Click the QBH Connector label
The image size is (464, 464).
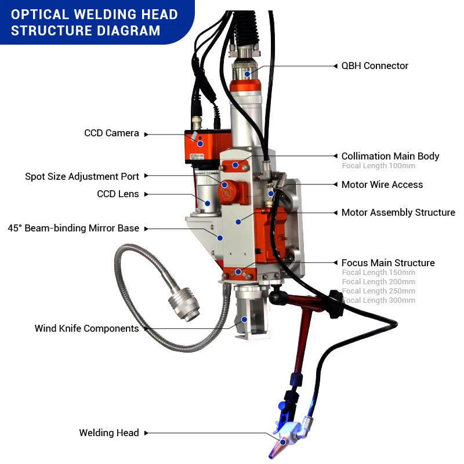point(375,66)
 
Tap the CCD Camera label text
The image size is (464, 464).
point(111,133)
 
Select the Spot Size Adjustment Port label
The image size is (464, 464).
point(82,176)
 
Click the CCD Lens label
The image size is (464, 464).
point(118,194)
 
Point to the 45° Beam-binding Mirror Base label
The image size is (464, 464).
point(73,229)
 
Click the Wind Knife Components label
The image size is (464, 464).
point(86,328)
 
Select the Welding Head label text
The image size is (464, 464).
point(109,433)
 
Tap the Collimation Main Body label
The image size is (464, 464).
point(390,156)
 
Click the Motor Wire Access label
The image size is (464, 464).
point(382,184)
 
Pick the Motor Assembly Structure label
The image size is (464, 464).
point(398,213)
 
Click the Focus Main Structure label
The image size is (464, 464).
point(388,263)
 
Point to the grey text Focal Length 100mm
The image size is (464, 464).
point(378,166)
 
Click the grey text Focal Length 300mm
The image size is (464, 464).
point(379,300)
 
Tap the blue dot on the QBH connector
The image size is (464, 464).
point(248,74)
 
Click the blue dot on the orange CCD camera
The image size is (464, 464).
point(200,143)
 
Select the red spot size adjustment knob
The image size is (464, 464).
point(228,189)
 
